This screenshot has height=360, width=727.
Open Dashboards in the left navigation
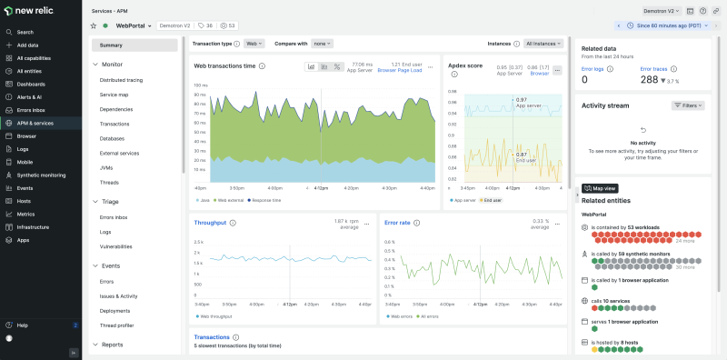[30, 84]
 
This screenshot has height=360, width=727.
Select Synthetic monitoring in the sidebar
[41, 175]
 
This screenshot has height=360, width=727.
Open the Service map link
[114, 95]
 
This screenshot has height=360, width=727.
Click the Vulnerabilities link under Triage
[115, 246]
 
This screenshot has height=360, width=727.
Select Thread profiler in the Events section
[117, 325]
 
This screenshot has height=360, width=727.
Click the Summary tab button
[134, 45]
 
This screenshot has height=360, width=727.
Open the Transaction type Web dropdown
[254, 43]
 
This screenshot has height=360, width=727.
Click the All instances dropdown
[542, 43]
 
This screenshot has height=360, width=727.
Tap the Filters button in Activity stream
[688, 105]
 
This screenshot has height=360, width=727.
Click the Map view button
[600, 188]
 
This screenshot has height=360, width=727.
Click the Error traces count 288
[649, 80]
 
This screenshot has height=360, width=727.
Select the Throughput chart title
[210, 222]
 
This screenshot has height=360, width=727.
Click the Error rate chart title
[398, 222]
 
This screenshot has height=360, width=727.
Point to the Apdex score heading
[466, 65]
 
